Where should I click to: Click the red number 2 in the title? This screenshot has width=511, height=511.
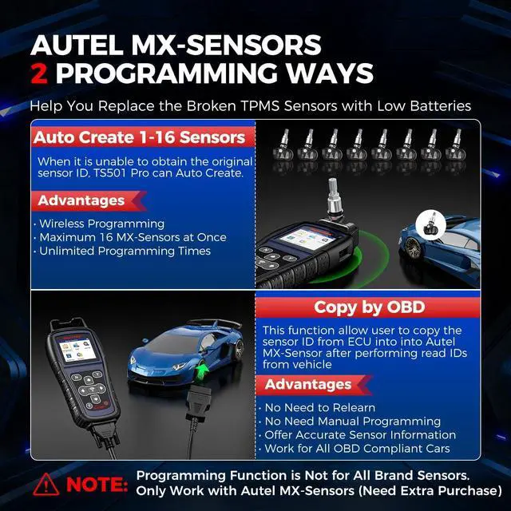tap(40, 73)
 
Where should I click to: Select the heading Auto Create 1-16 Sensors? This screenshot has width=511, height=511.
tap(139, 137)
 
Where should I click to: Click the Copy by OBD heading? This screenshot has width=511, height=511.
tap(368, 307)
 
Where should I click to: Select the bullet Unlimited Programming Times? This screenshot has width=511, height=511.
tap(125, 251)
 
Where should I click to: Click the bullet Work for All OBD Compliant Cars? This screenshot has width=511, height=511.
tap(355, 449)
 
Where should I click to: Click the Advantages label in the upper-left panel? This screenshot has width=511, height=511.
tap(81, 200)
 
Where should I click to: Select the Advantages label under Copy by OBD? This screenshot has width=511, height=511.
tap(307, 384)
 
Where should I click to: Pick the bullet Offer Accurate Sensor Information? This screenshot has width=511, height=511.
tap(359, 435)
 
